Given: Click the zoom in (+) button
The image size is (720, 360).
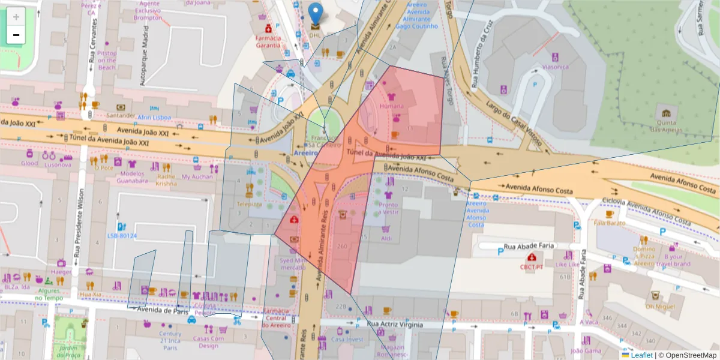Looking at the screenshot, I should point(16,17).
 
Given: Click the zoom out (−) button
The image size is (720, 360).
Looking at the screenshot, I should point(16,35).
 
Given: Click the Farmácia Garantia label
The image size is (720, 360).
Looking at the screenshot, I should point(268,41).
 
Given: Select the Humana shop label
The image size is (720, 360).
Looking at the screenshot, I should point(392,106).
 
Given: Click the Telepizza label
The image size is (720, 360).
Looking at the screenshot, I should point(250,204).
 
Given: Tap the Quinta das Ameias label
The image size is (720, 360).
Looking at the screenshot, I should point(666,125).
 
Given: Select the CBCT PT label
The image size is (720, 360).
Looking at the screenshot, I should point(532,266).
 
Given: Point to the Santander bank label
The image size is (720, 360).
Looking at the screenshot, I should point(121,115).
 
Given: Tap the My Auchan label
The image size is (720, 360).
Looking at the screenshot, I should point(197,177).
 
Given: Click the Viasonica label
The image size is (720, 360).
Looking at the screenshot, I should point(555,67).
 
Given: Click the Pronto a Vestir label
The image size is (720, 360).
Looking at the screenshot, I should point(388,208).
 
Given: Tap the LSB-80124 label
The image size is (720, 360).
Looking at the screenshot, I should point(122,236).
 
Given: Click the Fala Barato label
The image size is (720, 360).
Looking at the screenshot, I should point(610,223).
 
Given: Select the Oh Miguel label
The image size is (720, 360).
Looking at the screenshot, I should point(656,306).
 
